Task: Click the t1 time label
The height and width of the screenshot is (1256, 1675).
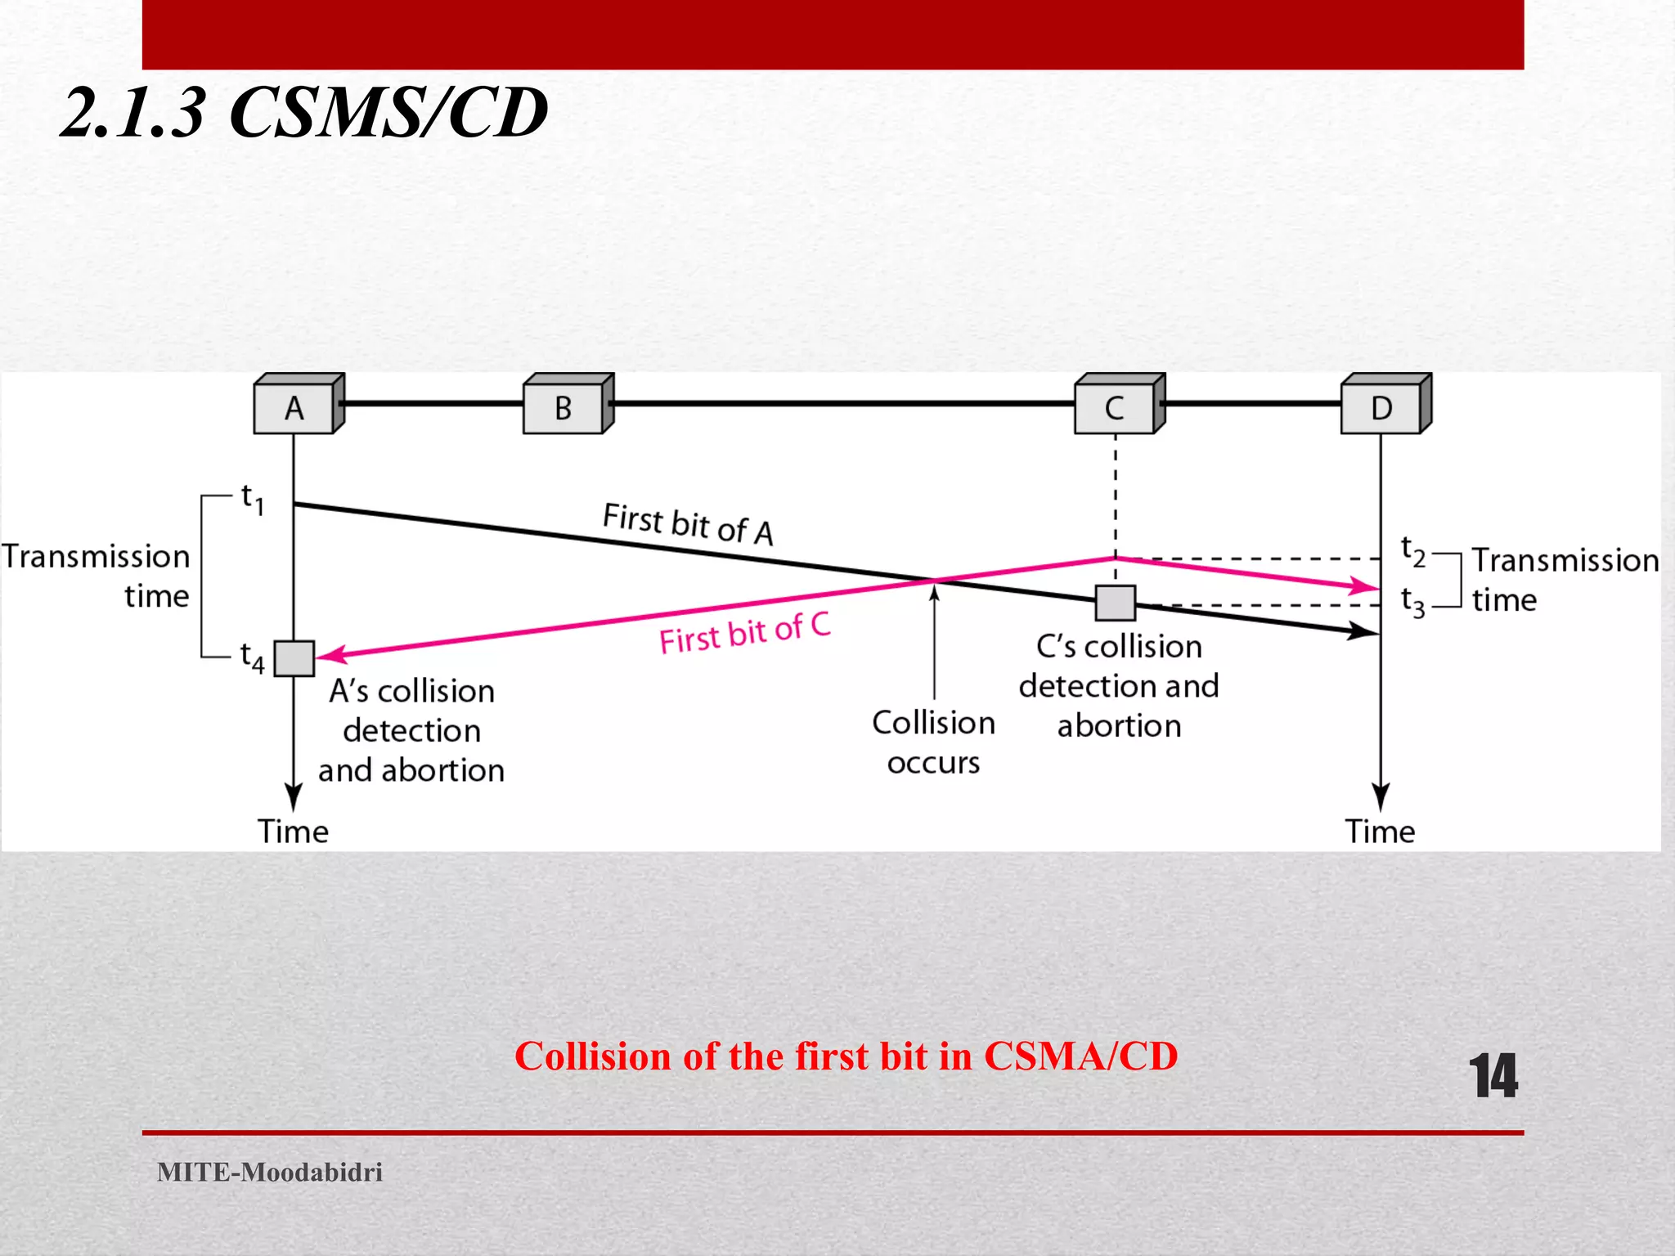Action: click(252, 499)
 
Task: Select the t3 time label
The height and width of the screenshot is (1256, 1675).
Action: click(1412, 602)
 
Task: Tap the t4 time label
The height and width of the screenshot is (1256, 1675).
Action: click(252, 657)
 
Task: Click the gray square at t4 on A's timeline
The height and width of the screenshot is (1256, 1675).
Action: click(294, 658)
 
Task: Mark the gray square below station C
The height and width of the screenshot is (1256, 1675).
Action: click(1115, 603)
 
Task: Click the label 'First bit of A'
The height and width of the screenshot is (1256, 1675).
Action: click(688, 523)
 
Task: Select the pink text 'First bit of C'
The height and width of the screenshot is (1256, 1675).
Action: click(745, 634)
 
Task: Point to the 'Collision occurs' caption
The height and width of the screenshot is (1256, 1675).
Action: click(933, 742)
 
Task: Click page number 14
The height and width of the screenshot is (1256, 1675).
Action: click(1493, 1076)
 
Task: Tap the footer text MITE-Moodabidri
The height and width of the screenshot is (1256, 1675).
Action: click(270, 1172)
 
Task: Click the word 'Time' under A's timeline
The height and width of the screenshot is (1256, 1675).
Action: click(293, 832)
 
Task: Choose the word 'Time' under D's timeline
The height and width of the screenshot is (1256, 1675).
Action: click(1380, 832)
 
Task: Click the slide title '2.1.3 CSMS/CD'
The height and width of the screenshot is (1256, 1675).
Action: click(304, 112)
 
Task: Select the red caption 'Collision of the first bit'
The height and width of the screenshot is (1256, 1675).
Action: click(846, 1056)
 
